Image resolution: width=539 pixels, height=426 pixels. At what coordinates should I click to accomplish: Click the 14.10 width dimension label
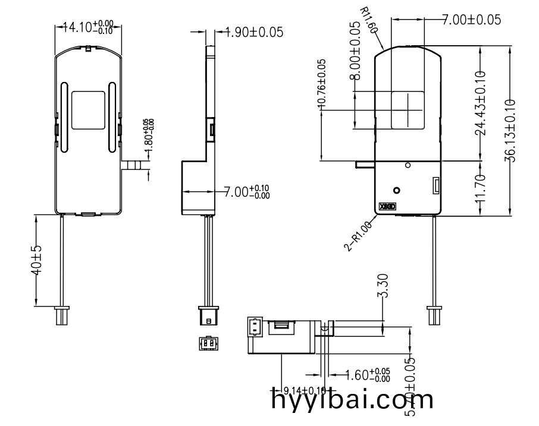(x=89, y=27)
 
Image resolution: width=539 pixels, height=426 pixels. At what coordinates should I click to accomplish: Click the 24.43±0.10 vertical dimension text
(x=481, y=103)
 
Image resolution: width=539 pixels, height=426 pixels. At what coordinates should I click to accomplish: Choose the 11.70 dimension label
(x=481, y=189)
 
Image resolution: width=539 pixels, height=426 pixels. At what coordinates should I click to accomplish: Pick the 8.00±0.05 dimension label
(x=355, y=51)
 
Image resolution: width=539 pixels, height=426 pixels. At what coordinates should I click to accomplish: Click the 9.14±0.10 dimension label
(x=305, y=390)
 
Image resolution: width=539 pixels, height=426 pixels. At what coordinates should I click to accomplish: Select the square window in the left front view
(x=88, y=111)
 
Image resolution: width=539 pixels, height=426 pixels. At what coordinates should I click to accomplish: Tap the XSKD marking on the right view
(x=387, y=208)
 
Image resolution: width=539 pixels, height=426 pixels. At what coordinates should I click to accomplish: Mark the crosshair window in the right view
(x=408, y=109)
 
